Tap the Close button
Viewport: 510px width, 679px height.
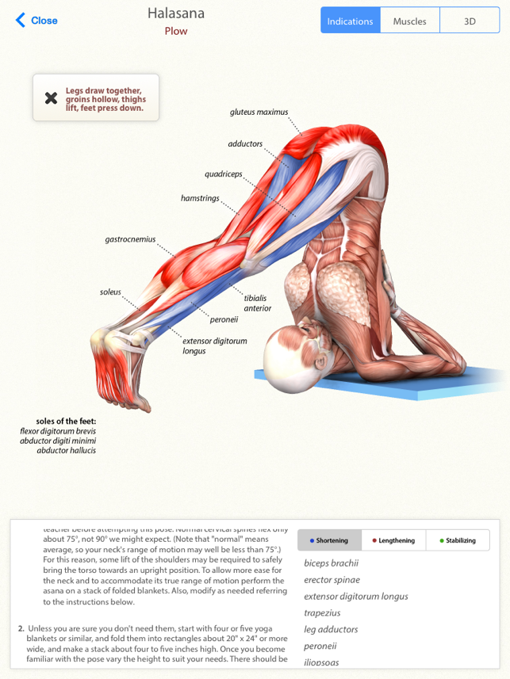click(36, 21)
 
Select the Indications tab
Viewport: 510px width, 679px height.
click(350, 21)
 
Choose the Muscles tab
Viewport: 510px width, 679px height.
click(409, 21)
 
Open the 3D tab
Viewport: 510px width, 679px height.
click(470, 21)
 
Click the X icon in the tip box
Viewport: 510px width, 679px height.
click(51, 98)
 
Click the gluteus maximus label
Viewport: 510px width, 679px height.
click(259, 113)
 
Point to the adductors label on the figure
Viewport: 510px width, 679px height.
click(245, 144)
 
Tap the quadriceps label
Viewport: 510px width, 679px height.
click(224, 174)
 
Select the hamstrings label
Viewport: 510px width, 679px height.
click(200, 198)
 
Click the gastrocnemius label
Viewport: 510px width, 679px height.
click(130, 239)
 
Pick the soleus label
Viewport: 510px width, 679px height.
click(110, 292)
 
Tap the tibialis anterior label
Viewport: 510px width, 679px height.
click(257, 303)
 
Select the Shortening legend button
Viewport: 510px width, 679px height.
click(329, 540)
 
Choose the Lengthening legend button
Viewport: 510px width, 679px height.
click(393, 540)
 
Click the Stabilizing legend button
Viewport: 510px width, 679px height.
click(457, 540)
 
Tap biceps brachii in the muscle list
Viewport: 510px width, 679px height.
click(331, 563)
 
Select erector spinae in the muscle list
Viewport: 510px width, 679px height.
click(332, 580)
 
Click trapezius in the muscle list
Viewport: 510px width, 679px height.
click(322, 612)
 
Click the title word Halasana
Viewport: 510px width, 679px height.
click(176, 13)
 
